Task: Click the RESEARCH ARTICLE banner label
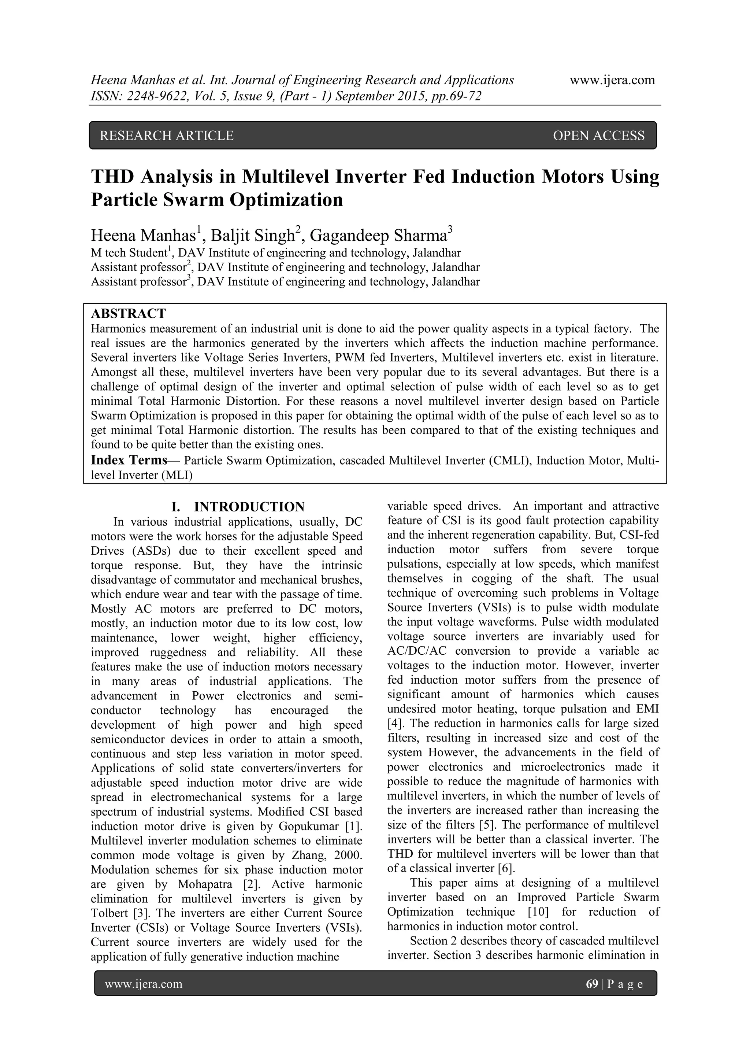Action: (167, 136)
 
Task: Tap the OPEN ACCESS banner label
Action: (598, 136)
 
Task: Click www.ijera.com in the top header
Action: (612, 80)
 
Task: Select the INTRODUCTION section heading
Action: (249, 507)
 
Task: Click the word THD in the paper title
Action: (113, 177)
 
